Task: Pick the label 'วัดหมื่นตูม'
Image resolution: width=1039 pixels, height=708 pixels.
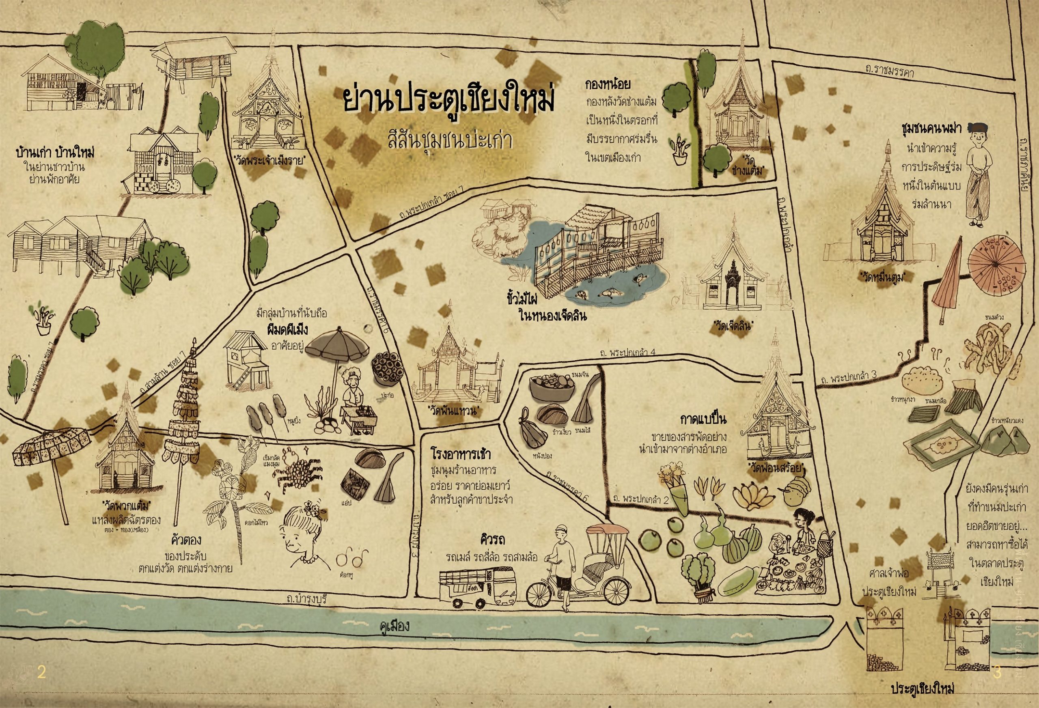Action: (x=884, y=277)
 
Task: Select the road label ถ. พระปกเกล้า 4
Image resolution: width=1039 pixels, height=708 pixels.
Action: (x=628, y=353)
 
